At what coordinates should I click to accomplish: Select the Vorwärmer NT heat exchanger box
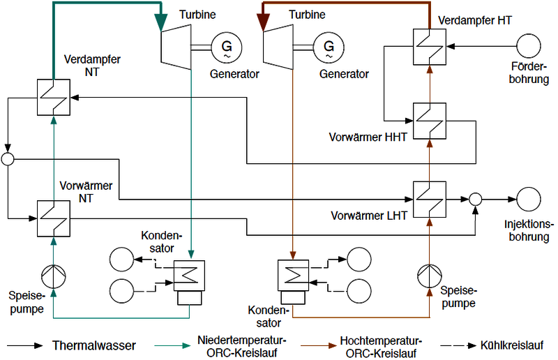53,218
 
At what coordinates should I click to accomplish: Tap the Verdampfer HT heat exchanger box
430,47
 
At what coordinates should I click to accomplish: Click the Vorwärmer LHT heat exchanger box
430,199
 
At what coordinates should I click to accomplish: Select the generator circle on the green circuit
227,47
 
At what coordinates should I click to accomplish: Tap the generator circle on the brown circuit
329,47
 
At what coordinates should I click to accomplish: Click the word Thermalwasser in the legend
94,345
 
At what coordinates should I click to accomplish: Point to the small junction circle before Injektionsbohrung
475,199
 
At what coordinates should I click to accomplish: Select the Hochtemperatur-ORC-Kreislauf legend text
380,347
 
